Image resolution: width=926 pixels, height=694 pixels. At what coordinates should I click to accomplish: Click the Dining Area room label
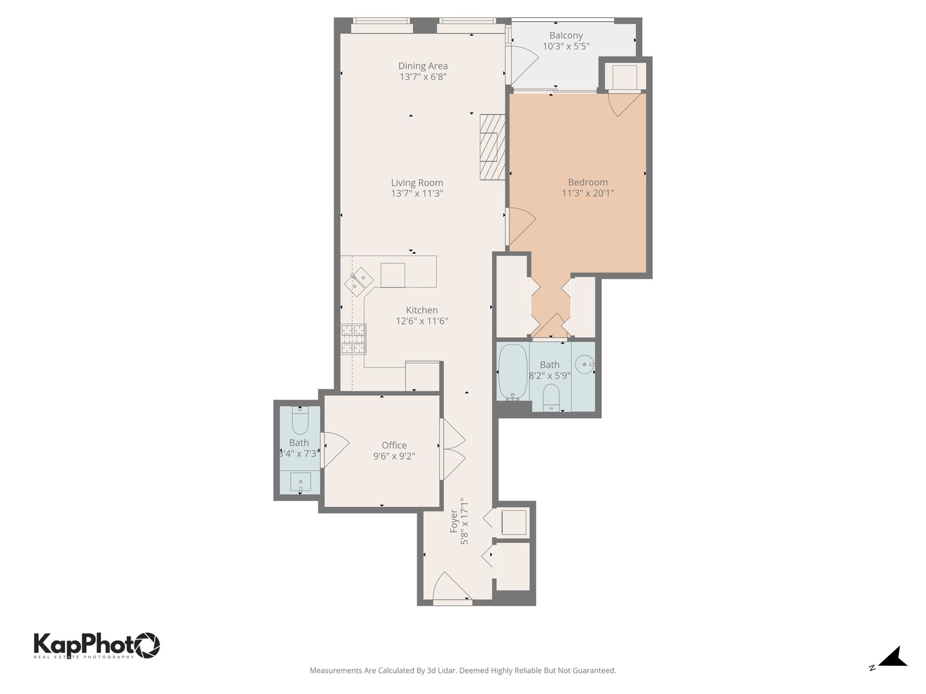(422, 66)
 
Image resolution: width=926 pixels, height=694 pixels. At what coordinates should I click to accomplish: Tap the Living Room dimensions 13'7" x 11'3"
(417, 193)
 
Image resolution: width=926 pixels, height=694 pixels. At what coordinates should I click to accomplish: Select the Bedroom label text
(587, 182)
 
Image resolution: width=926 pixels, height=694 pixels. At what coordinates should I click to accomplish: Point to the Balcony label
(566, 35)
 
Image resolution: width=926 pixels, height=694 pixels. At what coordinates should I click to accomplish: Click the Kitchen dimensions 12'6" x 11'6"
(421, 321)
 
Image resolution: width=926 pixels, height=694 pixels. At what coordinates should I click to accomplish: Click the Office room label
(394, 445)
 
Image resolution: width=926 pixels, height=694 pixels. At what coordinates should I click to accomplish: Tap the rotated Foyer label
(454, 520)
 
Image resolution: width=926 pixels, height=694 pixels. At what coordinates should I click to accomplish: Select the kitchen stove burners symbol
(353, 339)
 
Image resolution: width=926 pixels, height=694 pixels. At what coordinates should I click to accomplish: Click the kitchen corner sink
(358, 281)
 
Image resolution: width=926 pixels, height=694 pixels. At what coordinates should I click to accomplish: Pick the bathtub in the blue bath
(513, 372)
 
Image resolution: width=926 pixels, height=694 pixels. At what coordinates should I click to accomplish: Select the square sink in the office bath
(300, 482)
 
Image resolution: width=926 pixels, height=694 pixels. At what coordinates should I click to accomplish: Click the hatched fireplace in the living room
(493, 147)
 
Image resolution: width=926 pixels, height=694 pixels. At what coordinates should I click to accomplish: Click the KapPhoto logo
(96, 645)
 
